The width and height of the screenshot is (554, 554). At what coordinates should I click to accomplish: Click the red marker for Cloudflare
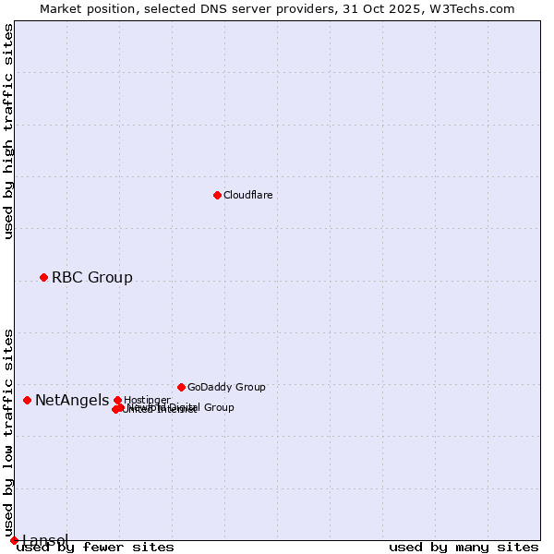[217, 195]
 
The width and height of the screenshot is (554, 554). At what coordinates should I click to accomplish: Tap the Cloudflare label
[247, 195]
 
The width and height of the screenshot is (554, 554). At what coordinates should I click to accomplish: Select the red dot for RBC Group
[43, 277]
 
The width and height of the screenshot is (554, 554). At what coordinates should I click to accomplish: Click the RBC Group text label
[91, 277]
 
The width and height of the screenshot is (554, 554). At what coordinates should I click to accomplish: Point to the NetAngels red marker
[28, 400]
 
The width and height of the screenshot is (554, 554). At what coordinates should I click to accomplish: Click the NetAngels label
[71, 400]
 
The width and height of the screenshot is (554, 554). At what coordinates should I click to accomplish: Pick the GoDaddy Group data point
[181, 387]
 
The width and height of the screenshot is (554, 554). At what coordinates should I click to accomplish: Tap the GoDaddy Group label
[225, 387]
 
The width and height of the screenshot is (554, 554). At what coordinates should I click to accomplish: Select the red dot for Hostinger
[117, 400]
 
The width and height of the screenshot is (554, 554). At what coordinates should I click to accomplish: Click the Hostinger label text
[147, 400]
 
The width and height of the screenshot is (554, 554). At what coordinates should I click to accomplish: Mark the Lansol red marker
[14, 540]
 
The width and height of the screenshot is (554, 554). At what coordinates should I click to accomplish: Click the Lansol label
[44, 540]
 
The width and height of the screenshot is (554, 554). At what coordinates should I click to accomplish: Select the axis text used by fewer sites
[95, 547]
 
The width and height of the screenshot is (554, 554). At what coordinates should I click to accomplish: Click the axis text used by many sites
[464, 547]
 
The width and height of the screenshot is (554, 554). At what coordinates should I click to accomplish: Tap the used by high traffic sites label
[9, 131]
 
